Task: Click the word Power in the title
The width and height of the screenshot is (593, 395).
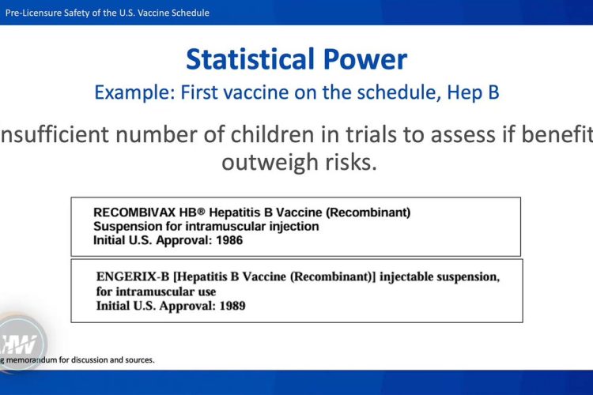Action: [x=366, y=59]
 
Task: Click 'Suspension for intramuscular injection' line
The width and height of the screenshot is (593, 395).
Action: [x=206, y=226]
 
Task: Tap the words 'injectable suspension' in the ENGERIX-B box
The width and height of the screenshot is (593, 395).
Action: [x=440, y=278]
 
